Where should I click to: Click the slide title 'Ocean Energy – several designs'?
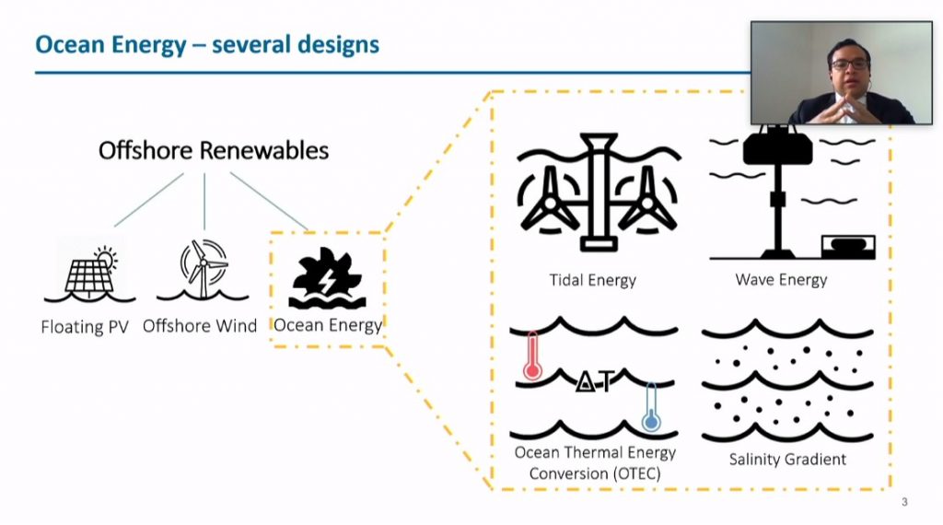pos(207,44)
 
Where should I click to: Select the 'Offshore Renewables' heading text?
pos(214,150)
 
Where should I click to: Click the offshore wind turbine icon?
pos(203,270)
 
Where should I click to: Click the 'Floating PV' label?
pos(85,327)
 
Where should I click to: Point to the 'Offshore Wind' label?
pos(200,326)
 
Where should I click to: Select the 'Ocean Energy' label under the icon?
pos(328,325)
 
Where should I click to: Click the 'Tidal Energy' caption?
pos(592,280)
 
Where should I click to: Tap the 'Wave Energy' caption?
pos(781,280)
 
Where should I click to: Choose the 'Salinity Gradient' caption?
pos(787,460)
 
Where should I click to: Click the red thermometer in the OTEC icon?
pos(532,356)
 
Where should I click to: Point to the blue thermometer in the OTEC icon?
pos(651,408)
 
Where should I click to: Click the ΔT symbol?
pos(595,381)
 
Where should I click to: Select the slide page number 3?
pos(904,502)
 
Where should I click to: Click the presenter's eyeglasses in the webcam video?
pos(849,64)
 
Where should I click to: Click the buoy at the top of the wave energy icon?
pos(777,146)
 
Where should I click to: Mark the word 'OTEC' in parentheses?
pos(637,474)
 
